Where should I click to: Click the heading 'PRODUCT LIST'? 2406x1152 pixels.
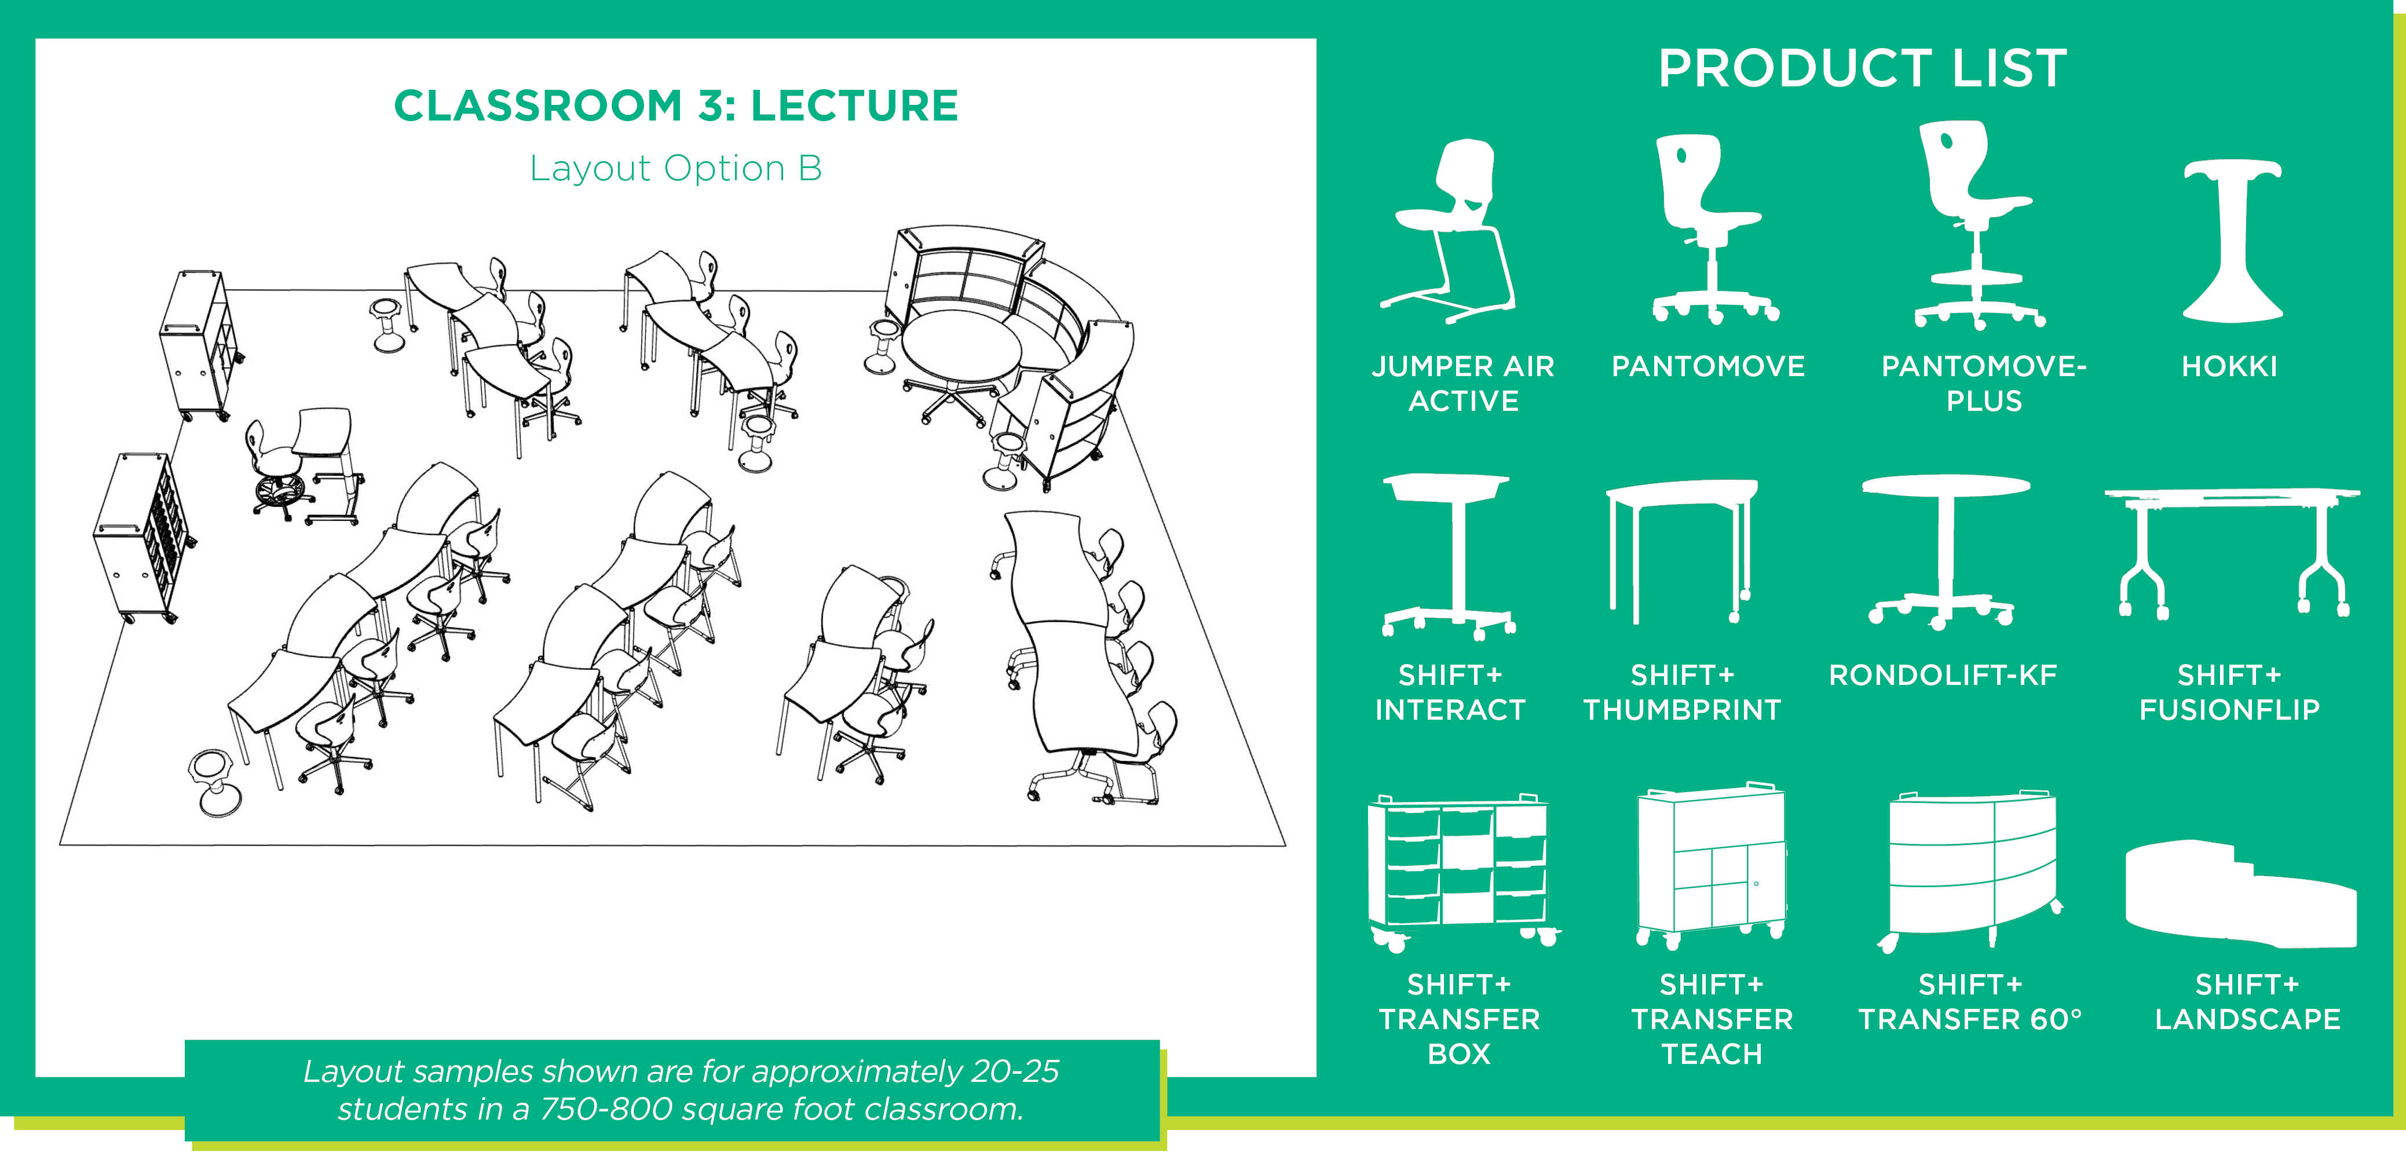[x=1862, y=68]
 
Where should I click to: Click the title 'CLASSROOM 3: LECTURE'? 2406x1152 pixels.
[x=677, y=105]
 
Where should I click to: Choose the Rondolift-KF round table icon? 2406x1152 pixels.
[x=1944, y=551]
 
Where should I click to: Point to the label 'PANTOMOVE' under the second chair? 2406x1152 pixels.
[x=1708, y=366]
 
